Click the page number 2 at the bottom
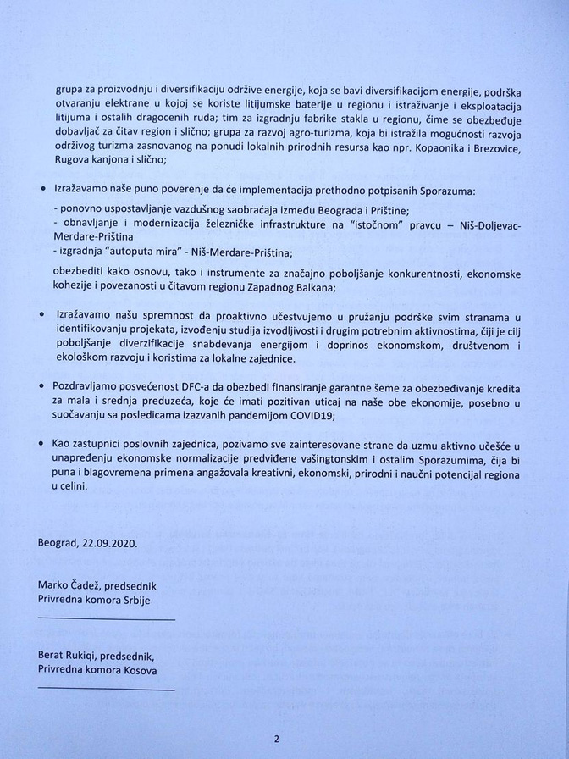coord(276,738)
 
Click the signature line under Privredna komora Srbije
coord(106,619)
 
